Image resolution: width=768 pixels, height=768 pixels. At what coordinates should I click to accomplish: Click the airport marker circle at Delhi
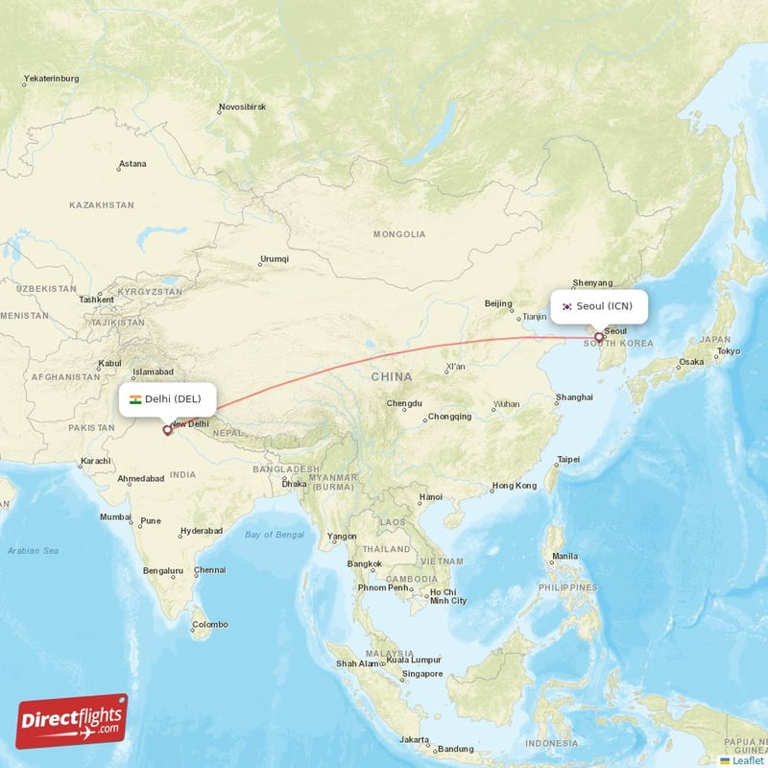click(x=167, y=430)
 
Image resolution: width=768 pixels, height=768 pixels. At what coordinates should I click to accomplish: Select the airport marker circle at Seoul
click(x=599, y=338)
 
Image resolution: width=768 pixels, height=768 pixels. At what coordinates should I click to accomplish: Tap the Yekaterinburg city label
click(x=52, y=78)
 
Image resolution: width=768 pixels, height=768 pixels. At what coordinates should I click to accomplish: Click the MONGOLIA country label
click(x=399, y=234)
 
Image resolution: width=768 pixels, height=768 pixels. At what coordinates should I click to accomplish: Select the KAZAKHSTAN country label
click(x=102, y=205)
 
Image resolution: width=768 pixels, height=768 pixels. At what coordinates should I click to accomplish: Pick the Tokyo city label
click(x=728, y=351)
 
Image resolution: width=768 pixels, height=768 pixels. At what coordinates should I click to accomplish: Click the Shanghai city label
click(x=574, y=396)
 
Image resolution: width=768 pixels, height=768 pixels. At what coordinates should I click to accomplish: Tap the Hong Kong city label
click(x=513, y=486)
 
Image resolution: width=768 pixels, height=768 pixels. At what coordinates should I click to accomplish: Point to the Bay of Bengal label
click(x=274, y=535)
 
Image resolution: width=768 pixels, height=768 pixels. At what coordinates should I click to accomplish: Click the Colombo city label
click(x=209, y=625)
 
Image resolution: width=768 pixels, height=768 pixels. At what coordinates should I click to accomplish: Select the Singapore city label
click(x=422, y=674)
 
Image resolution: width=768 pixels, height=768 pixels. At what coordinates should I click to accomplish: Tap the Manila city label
click(x=564, y=556)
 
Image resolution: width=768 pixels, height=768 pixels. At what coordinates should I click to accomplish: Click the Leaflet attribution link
click(x=746, y=759)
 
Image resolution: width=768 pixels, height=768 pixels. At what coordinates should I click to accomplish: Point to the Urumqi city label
click(x=274, y=259)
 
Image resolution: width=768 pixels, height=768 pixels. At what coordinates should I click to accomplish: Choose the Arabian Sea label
click(x=33, y=551)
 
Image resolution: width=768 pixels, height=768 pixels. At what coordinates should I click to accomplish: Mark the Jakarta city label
click(x=415, y=739)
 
